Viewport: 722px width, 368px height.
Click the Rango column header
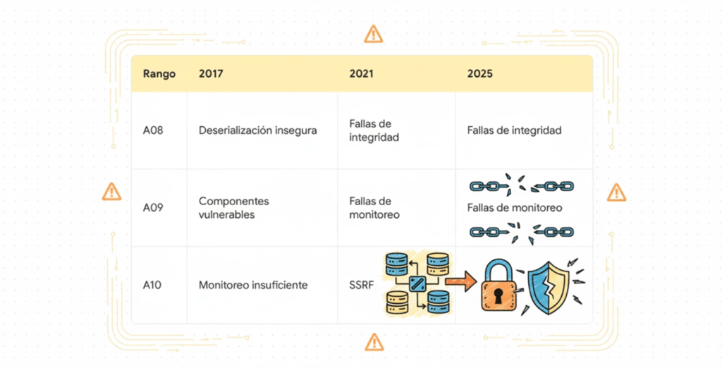[x=159, y=74]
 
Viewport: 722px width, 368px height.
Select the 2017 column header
[x=211, y=74]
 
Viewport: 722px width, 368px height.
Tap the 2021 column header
[x=361, y=74]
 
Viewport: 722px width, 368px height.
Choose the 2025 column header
[x=479, y=74]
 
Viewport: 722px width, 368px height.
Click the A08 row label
[x=153, y=130]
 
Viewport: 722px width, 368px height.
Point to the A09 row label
[x=153, y=208]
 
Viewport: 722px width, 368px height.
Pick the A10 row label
[x=152, y=285]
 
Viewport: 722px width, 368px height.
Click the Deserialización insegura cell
[x=258, y=130]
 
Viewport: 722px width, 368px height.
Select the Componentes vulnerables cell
[x=234, y=208]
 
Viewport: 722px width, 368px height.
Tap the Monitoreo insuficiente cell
[x=253, y=285]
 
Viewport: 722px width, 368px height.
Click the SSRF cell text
[x=362, y=285]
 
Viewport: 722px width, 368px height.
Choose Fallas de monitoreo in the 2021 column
[x=374, y=208]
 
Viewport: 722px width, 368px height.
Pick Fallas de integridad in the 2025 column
[x=514, y=130]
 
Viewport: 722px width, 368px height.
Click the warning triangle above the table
[x=373, y=34]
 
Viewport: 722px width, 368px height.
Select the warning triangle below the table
[x=374, y=342]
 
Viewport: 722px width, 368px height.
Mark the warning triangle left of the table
[x=111, y=192]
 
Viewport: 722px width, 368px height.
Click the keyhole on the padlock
[x=498, y=296]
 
